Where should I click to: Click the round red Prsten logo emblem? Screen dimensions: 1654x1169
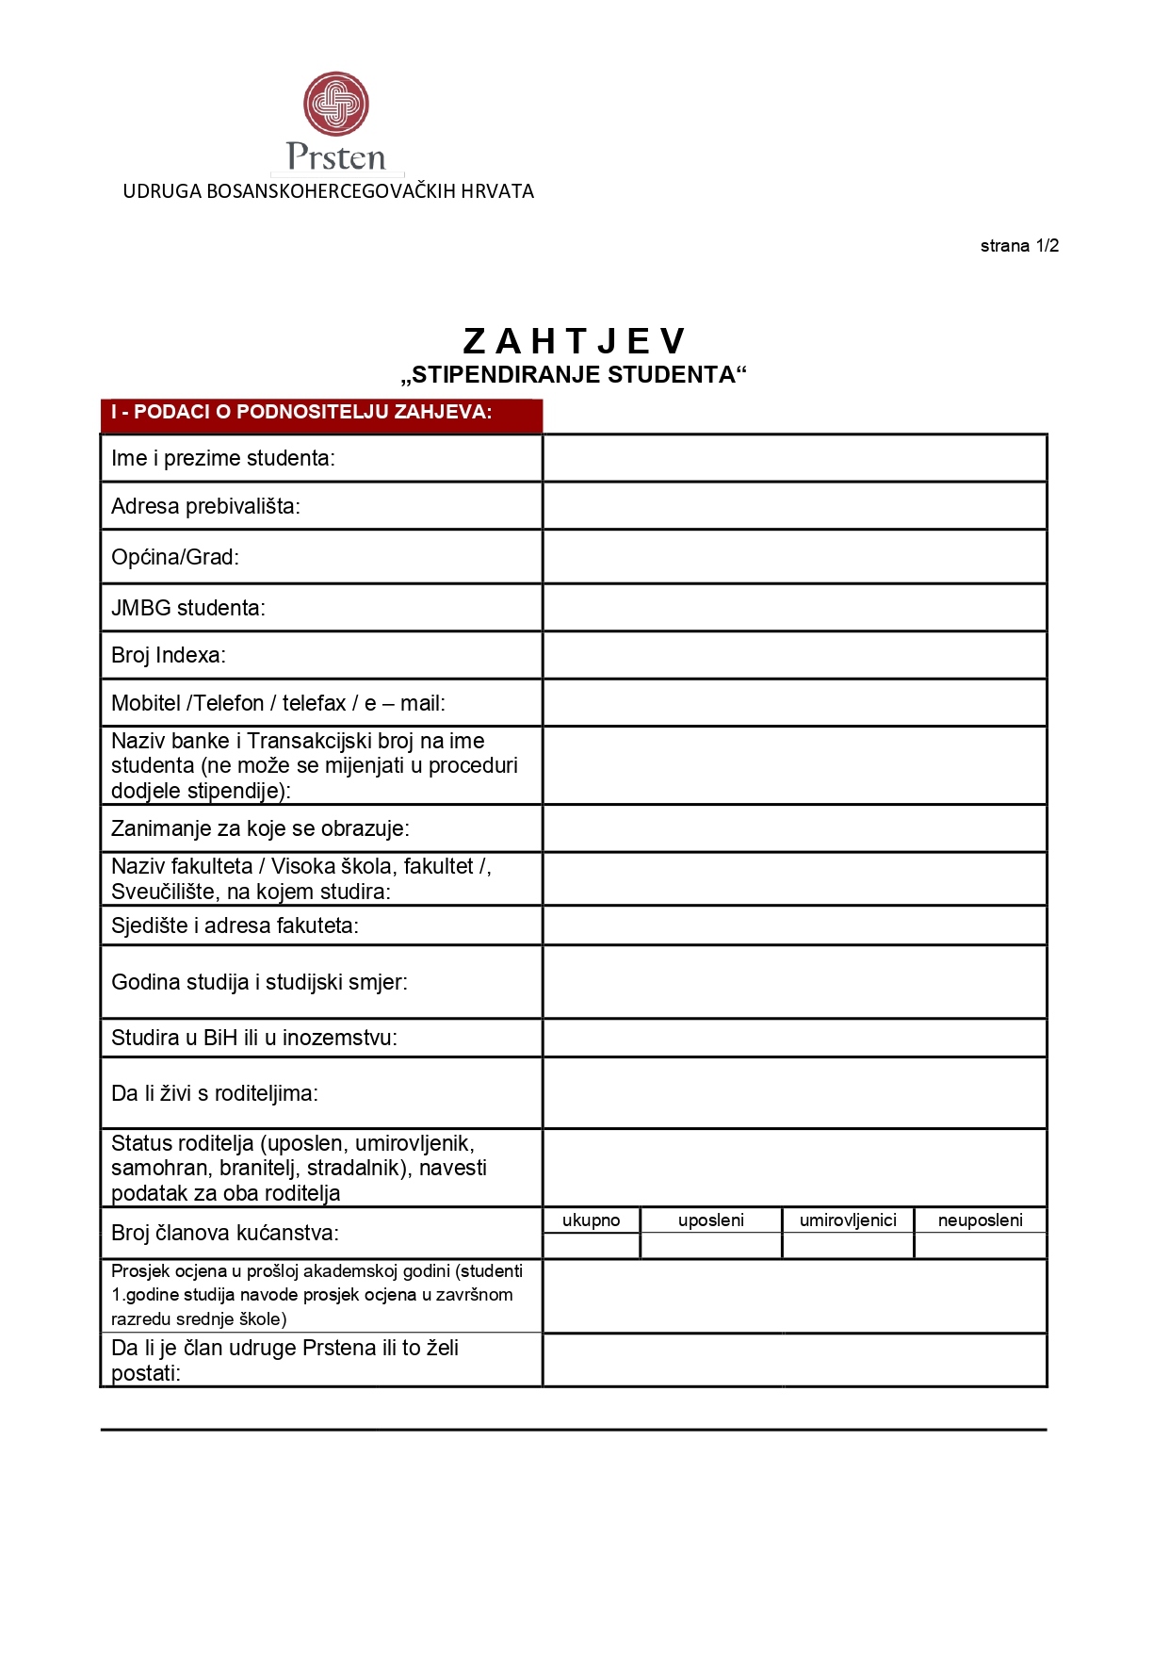(x=335, y=104)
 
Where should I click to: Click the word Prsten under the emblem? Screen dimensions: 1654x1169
(x=336, y=156)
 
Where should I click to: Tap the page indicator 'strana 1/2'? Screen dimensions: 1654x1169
(x=1019, y=246)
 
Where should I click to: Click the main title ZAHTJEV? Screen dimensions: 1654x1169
(x=575, y=340)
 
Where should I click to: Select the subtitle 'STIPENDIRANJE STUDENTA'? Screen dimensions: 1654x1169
(x=574, y=375)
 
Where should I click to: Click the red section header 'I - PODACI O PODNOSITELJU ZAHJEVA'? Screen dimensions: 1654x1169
(x=301, y=412)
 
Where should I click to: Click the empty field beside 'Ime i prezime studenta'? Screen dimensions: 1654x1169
(x=794, y=458)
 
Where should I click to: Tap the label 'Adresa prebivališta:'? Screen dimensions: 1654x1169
(x=205, y=506)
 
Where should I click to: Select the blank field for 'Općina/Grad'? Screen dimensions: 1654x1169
(x=794, y=557)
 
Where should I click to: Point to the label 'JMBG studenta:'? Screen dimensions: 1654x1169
(x=188, y=608)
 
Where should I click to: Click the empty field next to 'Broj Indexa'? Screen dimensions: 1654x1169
(x=794, y=655)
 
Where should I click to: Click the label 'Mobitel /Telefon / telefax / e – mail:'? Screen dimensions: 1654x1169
(x=278, y=703)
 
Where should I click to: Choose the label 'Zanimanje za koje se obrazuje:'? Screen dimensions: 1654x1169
(x=260, y=828)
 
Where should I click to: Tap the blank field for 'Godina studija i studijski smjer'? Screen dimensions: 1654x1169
(x=794, y=982)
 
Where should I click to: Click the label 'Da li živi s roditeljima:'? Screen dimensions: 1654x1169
(x=215, y=1093)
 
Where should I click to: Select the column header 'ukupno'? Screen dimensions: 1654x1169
(x=591, y=1220)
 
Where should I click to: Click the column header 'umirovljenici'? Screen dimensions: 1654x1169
(x=848, y=1220)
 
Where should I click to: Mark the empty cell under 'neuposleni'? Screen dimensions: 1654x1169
(x=980, y=1245)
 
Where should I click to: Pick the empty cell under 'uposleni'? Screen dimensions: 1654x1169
(x=710, y=1245)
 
